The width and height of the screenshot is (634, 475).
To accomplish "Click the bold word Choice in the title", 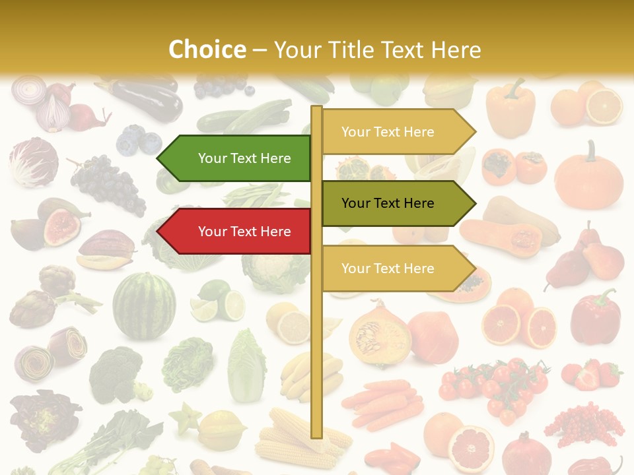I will coord(207,50).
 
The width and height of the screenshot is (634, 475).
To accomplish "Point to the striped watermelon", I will coord(144,306).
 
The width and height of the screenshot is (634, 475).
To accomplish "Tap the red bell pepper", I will coord(595,317).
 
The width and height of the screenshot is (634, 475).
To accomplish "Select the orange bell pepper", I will coord(510,106).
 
